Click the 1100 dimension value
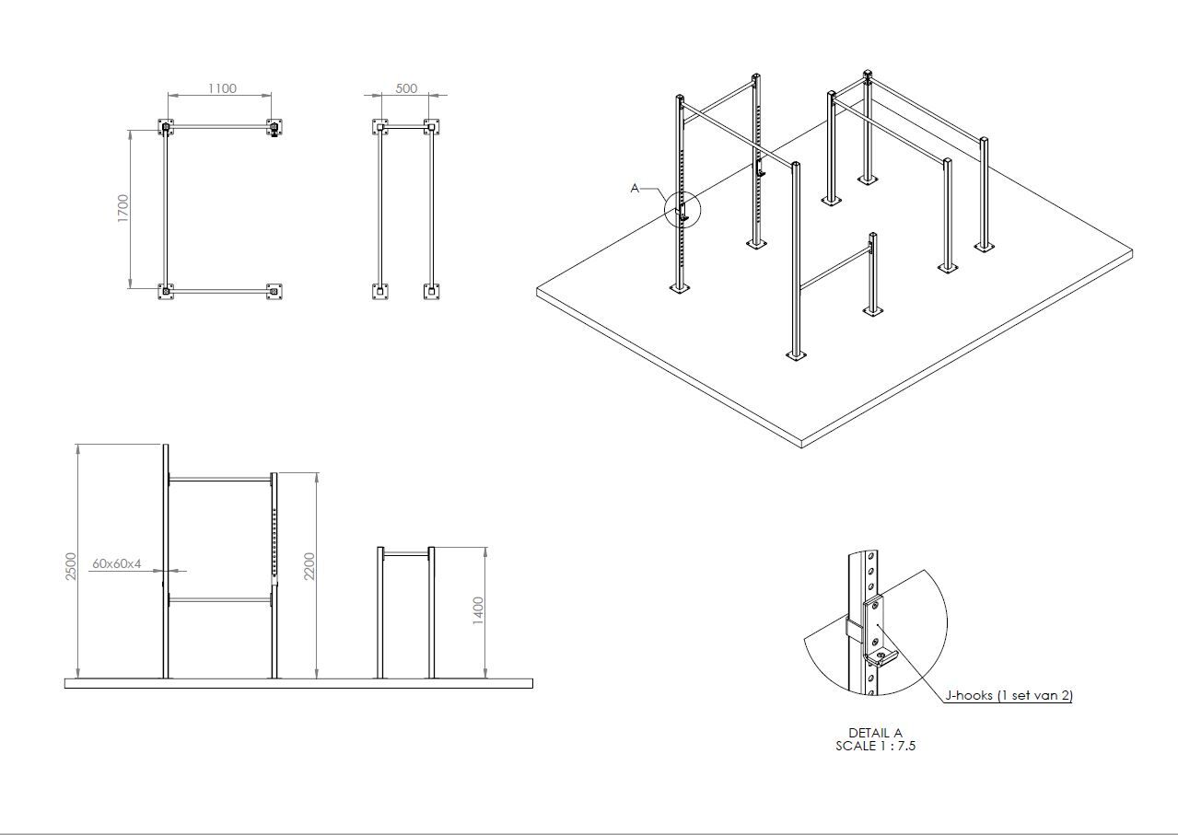click(222, 88)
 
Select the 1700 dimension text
click(122, 208)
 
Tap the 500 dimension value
click(406, 88)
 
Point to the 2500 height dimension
click(71, 566)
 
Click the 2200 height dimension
click(309, 566)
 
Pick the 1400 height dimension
click(477, 611)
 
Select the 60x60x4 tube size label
click(117, 563)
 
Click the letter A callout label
click(635, 188)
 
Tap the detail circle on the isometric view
click(682, 209)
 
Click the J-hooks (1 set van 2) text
click(1009, 695)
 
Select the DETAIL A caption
click(876, 733)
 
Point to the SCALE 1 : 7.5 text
click(876, 746)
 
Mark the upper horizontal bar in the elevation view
click(220, 480)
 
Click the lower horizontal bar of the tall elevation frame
click(220, 600)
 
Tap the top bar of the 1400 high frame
click(406, 554)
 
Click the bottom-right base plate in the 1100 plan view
click(274, 291)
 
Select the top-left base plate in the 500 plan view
click(379, 127)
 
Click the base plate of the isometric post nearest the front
click(796, 357)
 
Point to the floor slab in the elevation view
click(298, 683)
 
